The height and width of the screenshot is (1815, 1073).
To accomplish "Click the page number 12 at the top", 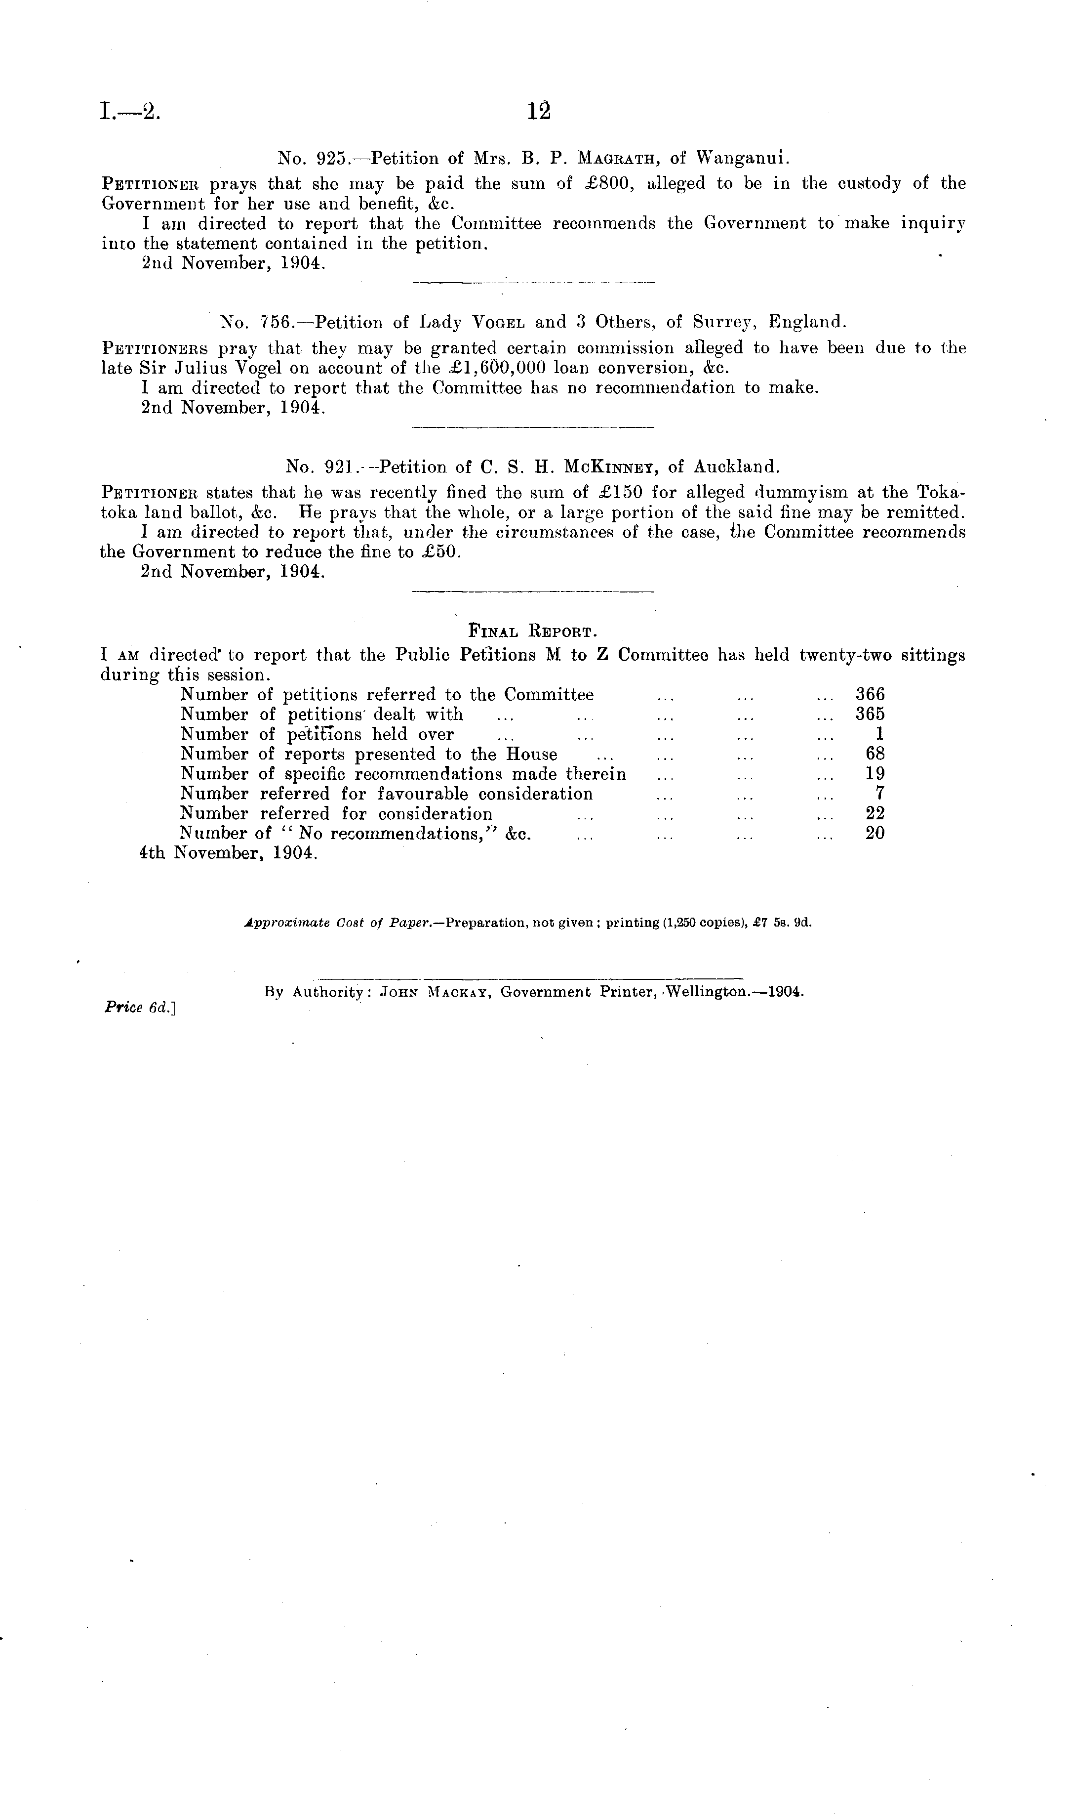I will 539,111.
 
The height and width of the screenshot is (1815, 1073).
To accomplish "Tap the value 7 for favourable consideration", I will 880,794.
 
